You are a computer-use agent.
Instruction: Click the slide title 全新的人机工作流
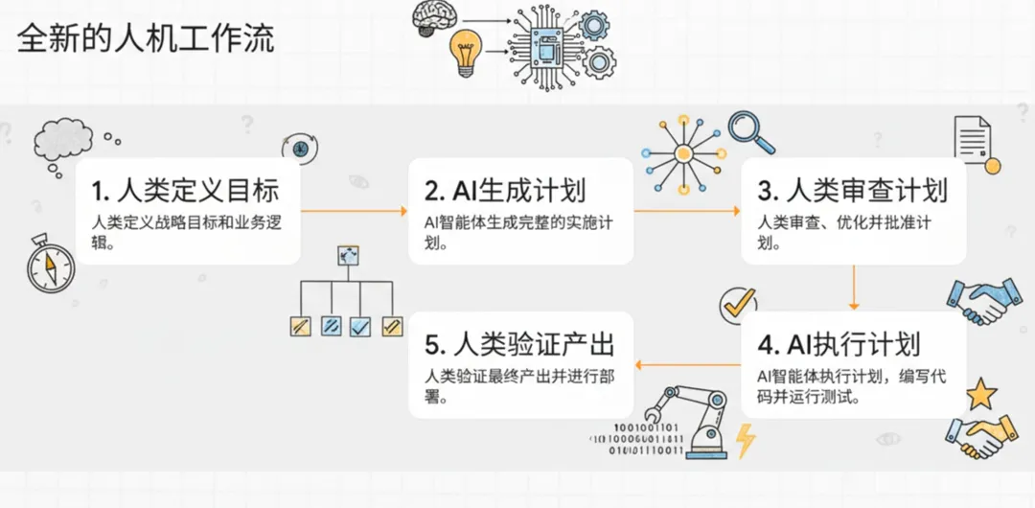point(147,39)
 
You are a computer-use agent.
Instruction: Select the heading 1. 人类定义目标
point(187,190)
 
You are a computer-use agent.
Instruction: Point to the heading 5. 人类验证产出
point(518,343)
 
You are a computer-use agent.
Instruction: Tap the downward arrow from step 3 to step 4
point(853,285)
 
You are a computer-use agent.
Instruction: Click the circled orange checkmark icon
point(737,304)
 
